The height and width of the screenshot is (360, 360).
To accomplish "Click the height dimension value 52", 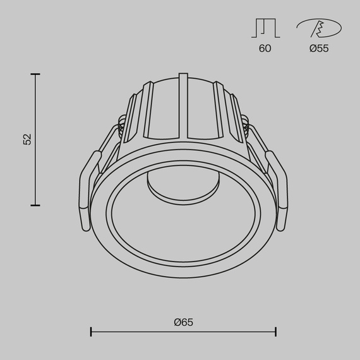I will point(27,140).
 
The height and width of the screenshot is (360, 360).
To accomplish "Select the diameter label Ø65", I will point(183,322).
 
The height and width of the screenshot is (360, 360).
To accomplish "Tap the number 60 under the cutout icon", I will point(265,49).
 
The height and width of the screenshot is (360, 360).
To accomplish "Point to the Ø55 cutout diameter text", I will point(319,49).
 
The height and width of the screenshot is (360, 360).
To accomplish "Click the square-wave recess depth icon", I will point(265,28).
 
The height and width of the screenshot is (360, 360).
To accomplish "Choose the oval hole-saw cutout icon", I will point(318,28).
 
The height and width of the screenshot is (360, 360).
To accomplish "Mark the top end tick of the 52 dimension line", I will point(35,75).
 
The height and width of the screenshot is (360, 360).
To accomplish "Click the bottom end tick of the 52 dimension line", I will point(35,205).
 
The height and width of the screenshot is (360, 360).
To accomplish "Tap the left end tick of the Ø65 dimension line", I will point(92,331).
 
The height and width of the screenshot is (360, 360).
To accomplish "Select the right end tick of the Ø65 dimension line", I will point(275,331).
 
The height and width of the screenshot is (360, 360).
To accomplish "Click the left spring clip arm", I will point(86,189).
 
